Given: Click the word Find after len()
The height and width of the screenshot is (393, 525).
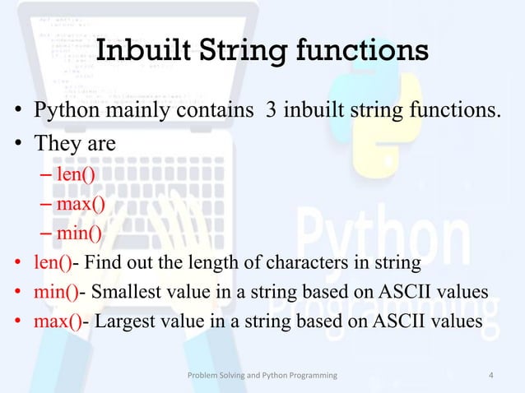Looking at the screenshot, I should pos(103,263).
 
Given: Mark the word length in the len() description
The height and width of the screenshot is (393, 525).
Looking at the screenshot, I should pos(213,263).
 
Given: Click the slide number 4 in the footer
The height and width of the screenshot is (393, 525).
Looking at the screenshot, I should pos(491,376).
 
